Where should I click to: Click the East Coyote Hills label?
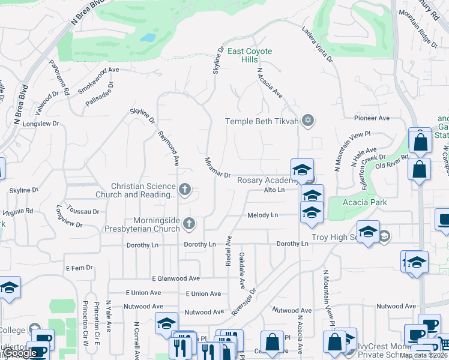[251, 55]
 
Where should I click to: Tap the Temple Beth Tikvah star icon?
[308, 121]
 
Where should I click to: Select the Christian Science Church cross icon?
[185, 190]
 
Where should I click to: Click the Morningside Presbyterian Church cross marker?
[190, 224]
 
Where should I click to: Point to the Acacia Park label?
[366, 202]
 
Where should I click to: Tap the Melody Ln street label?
[262, 215]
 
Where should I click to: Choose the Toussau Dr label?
[83, 212]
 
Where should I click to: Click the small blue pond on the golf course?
[148, 38]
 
